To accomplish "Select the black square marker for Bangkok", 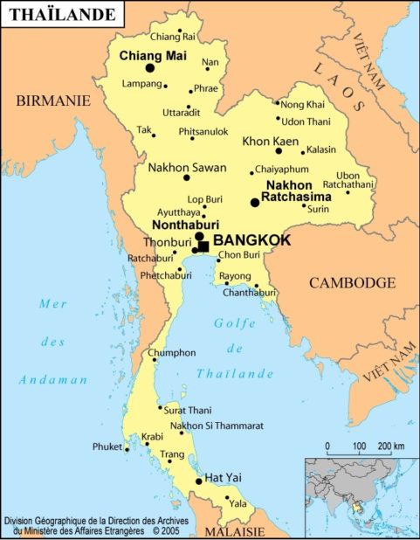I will (x=203, y=246).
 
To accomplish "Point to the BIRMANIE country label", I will (x=53, y=101).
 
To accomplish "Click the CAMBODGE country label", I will (x=353, y=283).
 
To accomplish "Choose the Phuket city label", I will (x=107, y=447).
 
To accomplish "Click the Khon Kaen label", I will (x=270, y=141).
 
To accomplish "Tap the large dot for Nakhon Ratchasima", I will (x=255, y=203).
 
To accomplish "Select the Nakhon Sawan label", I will (x=187, y=167).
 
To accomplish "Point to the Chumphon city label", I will (x=166, y=353).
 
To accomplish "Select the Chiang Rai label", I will (x=173, y=36).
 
